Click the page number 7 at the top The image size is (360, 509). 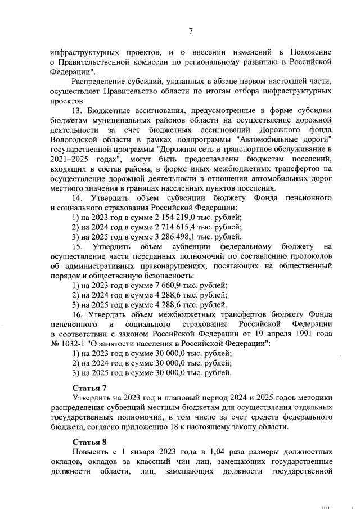(190, 31)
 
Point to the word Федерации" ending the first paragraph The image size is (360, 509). (68, 71)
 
